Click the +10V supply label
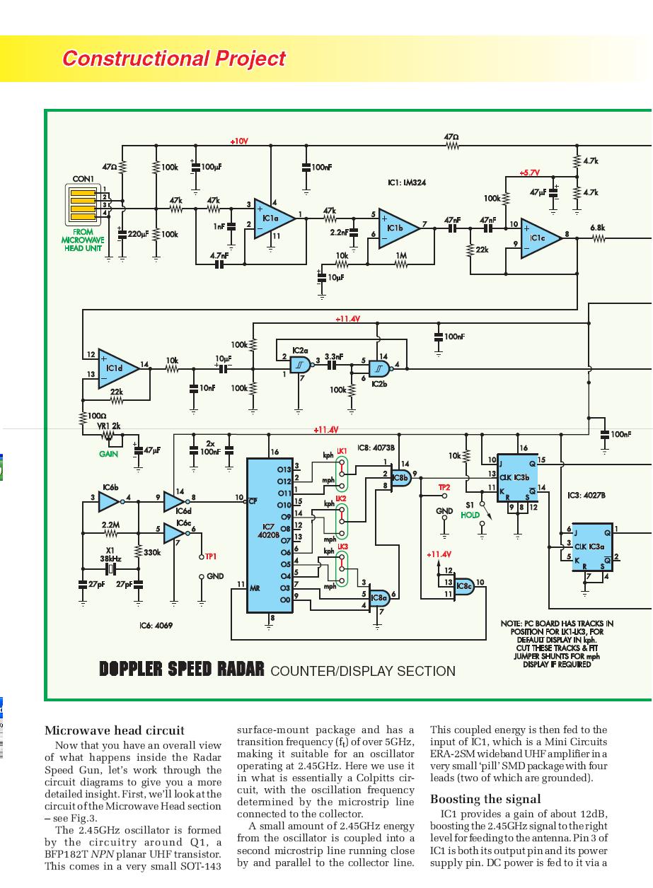point(239,141)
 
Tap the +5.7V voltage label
point(529,173)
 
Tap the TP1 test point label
point(210,556)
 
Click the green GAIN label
point(108,454)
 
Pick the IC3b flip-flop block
point(516,477)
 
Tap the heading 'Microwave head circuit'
point(114,730)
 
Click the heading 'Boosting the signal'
point(485,799)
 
